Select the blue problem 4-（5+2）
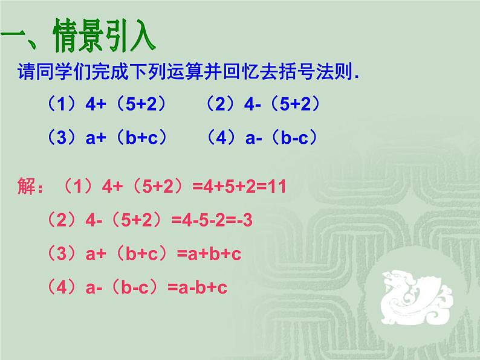(285, 104)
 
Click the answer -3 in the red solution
(241, 220)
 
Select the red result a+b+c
(209, 254)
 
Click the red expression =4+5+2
(229, 187)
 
